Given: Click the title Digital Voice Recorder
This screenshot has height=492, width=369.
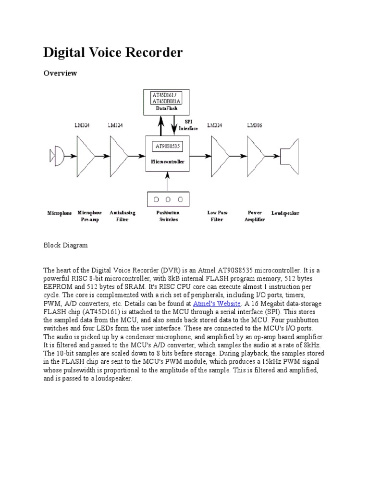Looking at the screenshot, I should coord(113,52).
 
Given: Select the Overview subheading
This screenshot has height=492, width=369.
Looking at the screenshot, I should coord(60,73).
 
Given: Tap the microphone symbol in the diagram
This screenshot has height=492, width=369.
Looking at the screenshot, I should coord(57,156).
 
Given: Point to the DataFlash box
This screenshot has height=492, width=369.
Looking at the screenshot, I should coord(167,102).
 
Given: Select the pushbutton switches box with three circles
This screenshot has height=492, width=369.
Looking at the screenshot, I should coord(167,198).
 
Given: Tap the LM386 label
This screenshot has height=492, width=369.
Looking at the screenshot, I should coord(255,126).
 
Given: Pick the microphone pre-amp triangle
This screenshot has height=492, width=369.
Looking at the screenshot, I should coord(86,156).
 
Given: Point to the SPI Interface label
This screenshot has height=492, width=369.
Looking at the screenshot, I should coord(188,126).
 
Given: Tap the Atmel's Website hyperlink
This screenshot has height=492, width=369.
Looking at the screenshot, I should coord(216,304).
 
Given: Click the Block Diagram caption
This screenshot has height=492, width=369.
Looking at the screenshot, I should coord(66,245).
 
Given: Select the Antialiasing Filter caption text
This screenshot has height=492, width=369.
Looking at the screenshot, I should coord(123,216).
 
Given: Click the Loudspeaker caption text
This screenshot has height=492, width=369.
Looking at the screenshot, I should coord(285,213).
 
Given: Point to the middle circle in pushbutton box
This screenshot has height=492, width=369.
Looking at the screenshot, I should coord(167,199).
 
